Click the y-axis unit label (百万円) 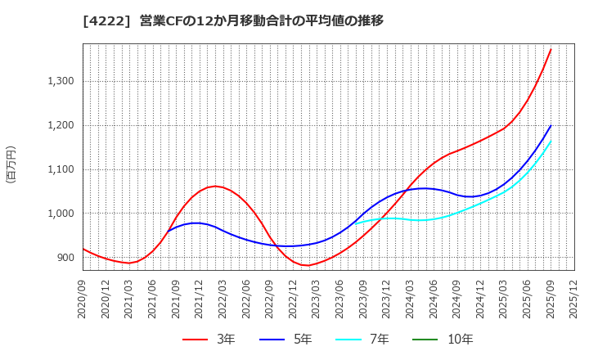coord(11,164)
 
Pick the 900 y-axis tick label coord(65,258)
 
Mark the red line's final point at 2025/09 coord(551,49)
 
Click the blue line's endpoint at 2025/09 coord(551,126)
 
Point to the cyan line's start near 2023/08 coord(355,223)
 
